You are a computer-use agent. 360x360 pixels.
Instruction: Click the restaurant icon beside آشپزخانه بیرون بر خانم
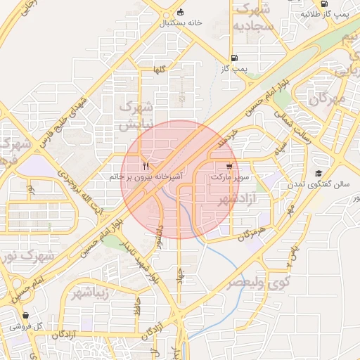click(x=146, y=167)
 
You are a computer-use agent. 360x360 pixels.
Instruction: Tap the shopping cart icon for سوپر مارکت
click(x=230, y=167)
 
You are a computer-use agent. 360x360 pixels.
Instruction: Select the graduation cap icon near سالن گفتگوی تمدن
click(x=319, y=173)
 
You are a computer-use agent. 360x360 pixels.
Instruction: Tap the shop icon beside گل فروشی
click(x=26, y=316)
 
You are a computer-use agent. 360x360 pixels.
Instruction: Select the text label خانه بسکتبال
click(x=181, y=23)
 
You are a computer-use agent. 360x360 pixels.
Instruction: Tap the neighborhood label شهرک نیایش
click(x=136, y=116)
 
